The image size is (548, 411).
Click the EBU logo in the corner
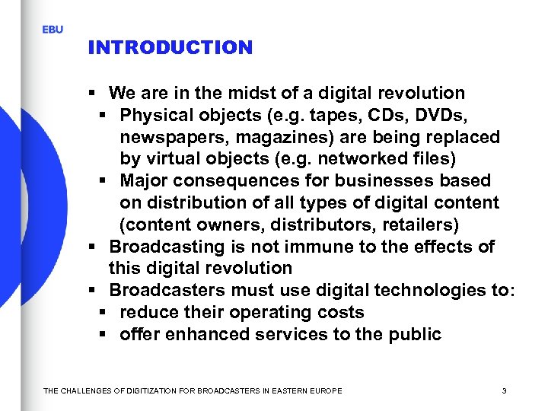53,29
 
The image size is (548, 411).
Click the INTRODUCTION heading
170,48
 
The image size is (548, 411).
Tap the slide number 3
505,391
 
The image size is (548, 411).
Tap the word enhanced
200,335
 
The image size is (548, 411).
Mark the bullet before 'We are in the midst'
91,94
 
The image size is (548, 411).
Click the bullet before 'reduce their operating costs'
103,313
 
